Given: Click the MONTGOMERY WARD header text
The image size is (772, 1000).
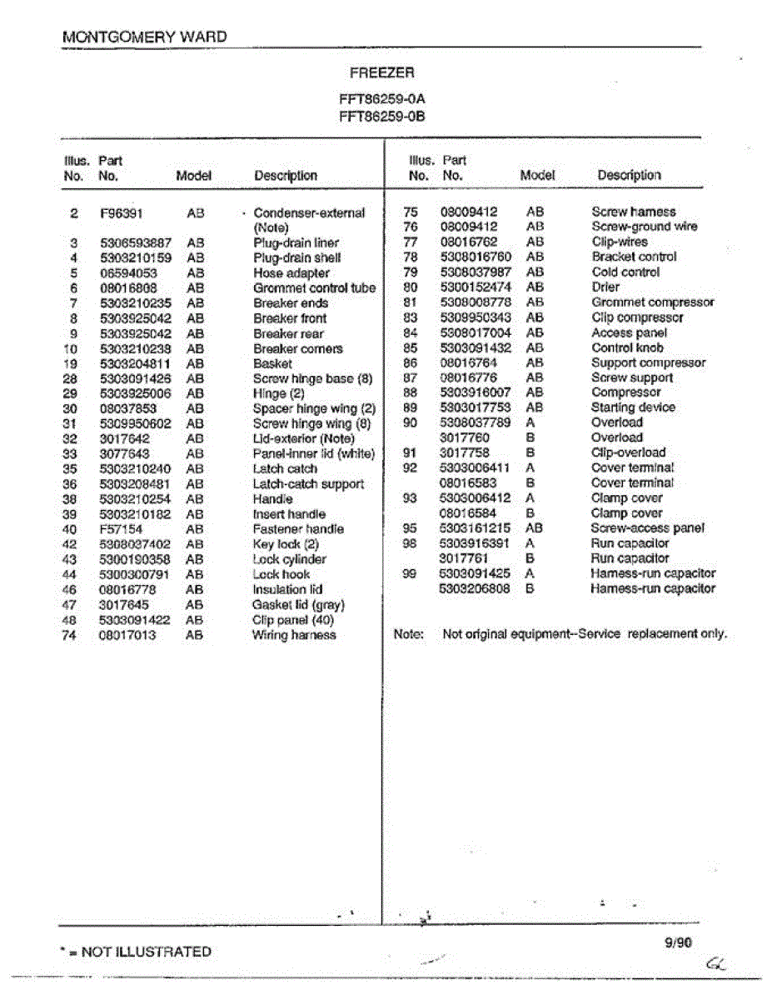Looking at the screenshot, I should coord(144,37).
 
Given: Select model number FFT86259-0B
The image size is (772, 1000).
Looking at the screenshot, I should coord(382,116).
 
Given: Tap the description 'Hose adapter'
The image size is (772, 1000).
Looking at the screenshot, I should coord(291,273).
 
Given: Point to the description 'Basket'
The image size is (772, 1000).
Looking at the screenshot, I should coord(272,363).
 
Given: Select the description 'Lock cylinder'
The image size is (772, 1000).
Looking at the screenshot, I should coord(289,559).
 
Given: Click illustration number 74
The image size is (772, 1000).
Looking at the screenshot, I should coord(69,635).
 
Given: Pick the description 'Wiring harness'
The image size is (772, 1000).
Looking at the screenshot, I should coord(294,635).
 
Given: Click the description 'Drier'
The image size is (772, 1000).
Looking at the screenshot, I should coord(605,287).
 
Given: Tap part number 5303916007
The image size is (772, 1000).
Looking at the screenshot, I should coord(475,392).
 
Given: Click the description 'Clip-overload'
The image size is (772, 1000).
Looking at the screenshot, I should coord(629,452).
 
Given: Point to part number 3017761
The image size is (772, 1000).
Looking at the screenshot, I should coord(465,558).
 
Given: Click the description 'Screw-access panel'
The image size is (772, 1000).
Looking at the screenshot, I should coord(647,527).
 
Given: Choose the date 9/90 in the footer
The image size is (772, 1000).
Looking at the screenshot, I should coord(678,942).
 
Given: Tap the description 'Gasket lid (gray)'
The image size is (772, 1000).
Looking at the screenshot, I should coord(298,605).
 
